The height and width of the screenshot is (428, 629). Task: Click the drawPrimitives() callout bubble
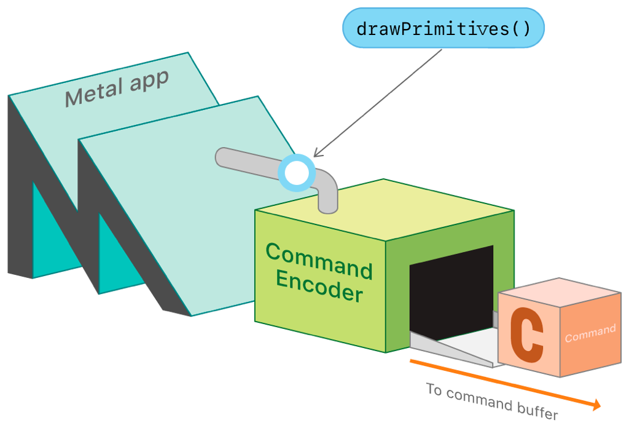[443, 28]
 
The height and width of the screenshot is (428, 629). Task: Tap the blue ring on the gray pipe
[297, 173]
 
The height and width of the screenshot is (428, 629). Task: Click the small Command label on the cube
[590, 333]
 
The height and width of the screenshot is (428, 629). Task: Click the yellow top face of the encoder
[393, 209]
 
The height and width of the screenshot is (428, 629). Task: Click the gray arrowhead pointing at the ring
[317, 154]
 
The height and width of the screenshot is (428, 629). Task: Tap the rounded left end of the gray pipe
[223, 156]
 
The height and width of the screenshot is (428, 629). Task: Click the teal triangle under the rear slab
[49, 237]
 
